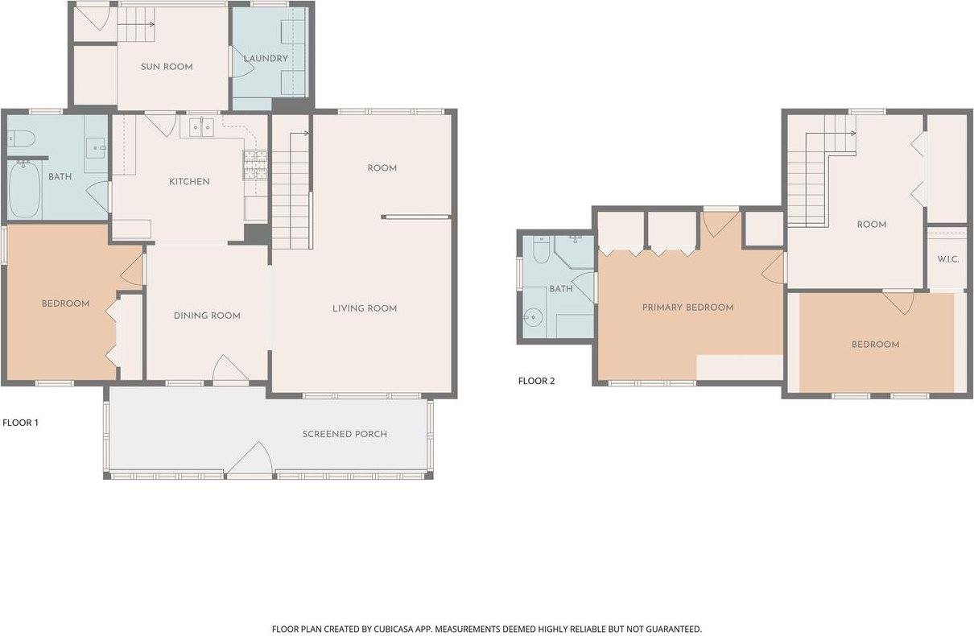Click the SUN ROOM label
[x=167, y=67]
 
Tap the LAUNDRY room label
[x=266, y=59]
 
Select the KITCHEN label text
[x=189, y=182]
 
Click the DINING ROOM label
[x=207, y=316]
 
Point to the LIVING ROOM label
[x=365, y=308]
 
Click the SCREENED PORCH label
[x=345, y=434]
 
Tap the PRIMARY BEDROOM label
[x=687, y=308]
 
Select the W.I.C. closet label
[x=947, y=259]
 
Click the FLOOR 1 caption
[x=21, y=422]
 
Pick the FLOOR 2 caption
[x=536, y=382]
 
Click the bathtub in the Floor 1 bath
[x=24, y=190]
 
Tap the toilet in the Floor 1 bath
[x=20, y=138]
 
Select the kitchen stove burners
[x=254, y=165]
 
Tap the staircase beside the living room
[x=291, y=193]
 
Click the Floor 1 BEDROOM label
[x=65, y=304]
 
